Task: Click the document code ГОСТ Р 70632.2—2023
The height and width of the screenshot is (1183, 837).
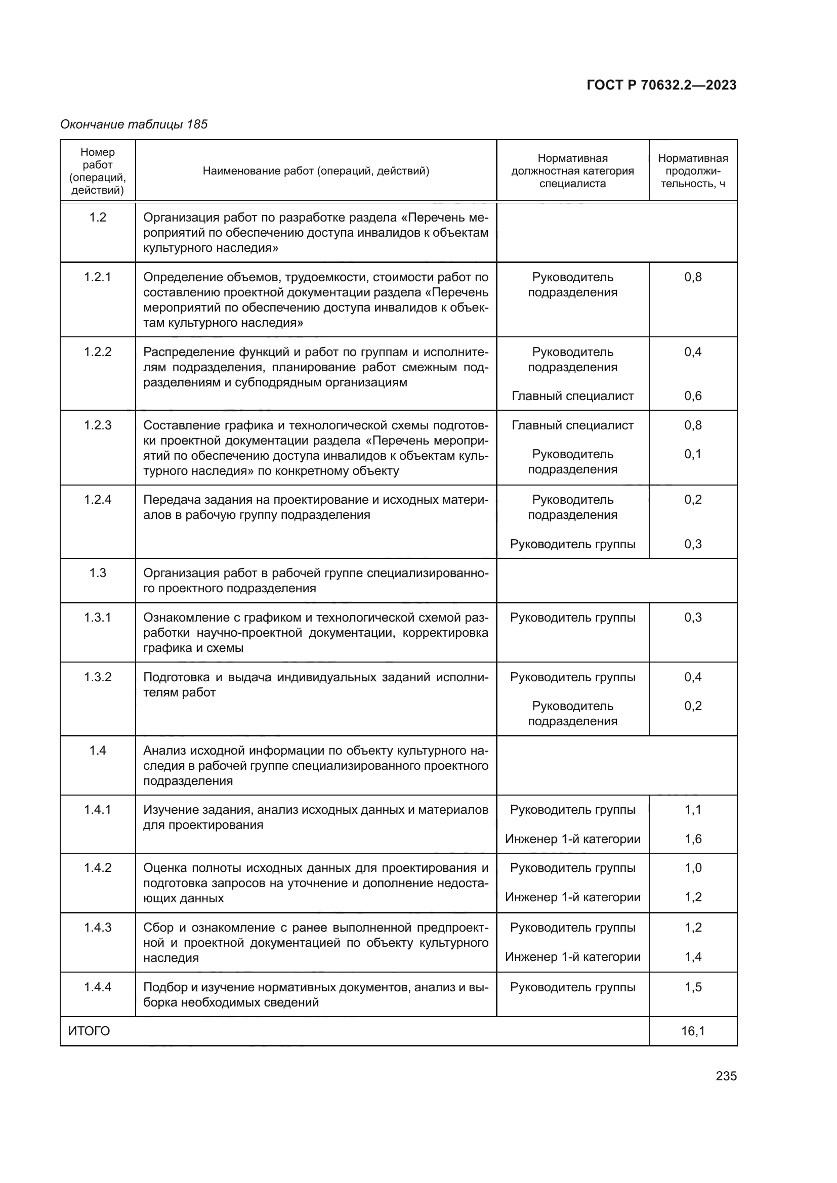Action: [661, 85]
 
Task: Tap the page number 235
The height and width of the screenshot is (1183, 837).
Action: [726, 1076]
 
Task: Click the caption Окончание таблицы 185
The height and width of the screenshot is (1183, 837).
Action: [134, 124]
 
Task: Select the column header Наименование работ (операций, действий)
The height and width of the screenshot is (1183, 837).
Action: [315, 171]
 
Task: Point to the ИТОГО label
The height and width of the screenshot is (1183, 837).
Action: [89, 1031]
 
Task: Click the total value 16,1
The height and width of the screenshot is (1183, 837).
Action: [693, 1031]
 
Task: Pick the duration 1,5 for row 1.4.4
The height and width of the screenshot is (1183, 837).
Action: [693, 987]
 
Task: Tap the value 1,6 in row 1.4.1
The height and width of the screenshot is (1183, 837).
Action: [693, 839]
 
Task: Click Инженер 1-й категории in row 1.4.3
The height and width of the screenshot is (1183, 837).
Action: [573, 957]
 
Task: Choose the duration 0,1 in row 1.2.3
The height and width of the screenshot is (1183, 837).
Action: [693, 454]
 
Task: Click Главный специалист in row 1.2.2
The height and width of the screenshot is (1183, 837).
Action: [573, 396]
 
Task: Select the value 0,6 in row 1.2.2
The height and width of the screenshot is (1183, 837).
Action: [693, 396]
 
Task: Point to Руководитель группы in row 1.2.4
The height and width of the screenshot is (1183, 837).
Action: [573, 544]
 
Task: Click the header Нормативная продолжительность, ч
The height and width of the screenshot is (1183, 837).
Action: [693, 171]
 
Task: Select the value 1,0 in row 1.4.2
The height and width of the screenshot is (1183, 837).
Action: [693, 868]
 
